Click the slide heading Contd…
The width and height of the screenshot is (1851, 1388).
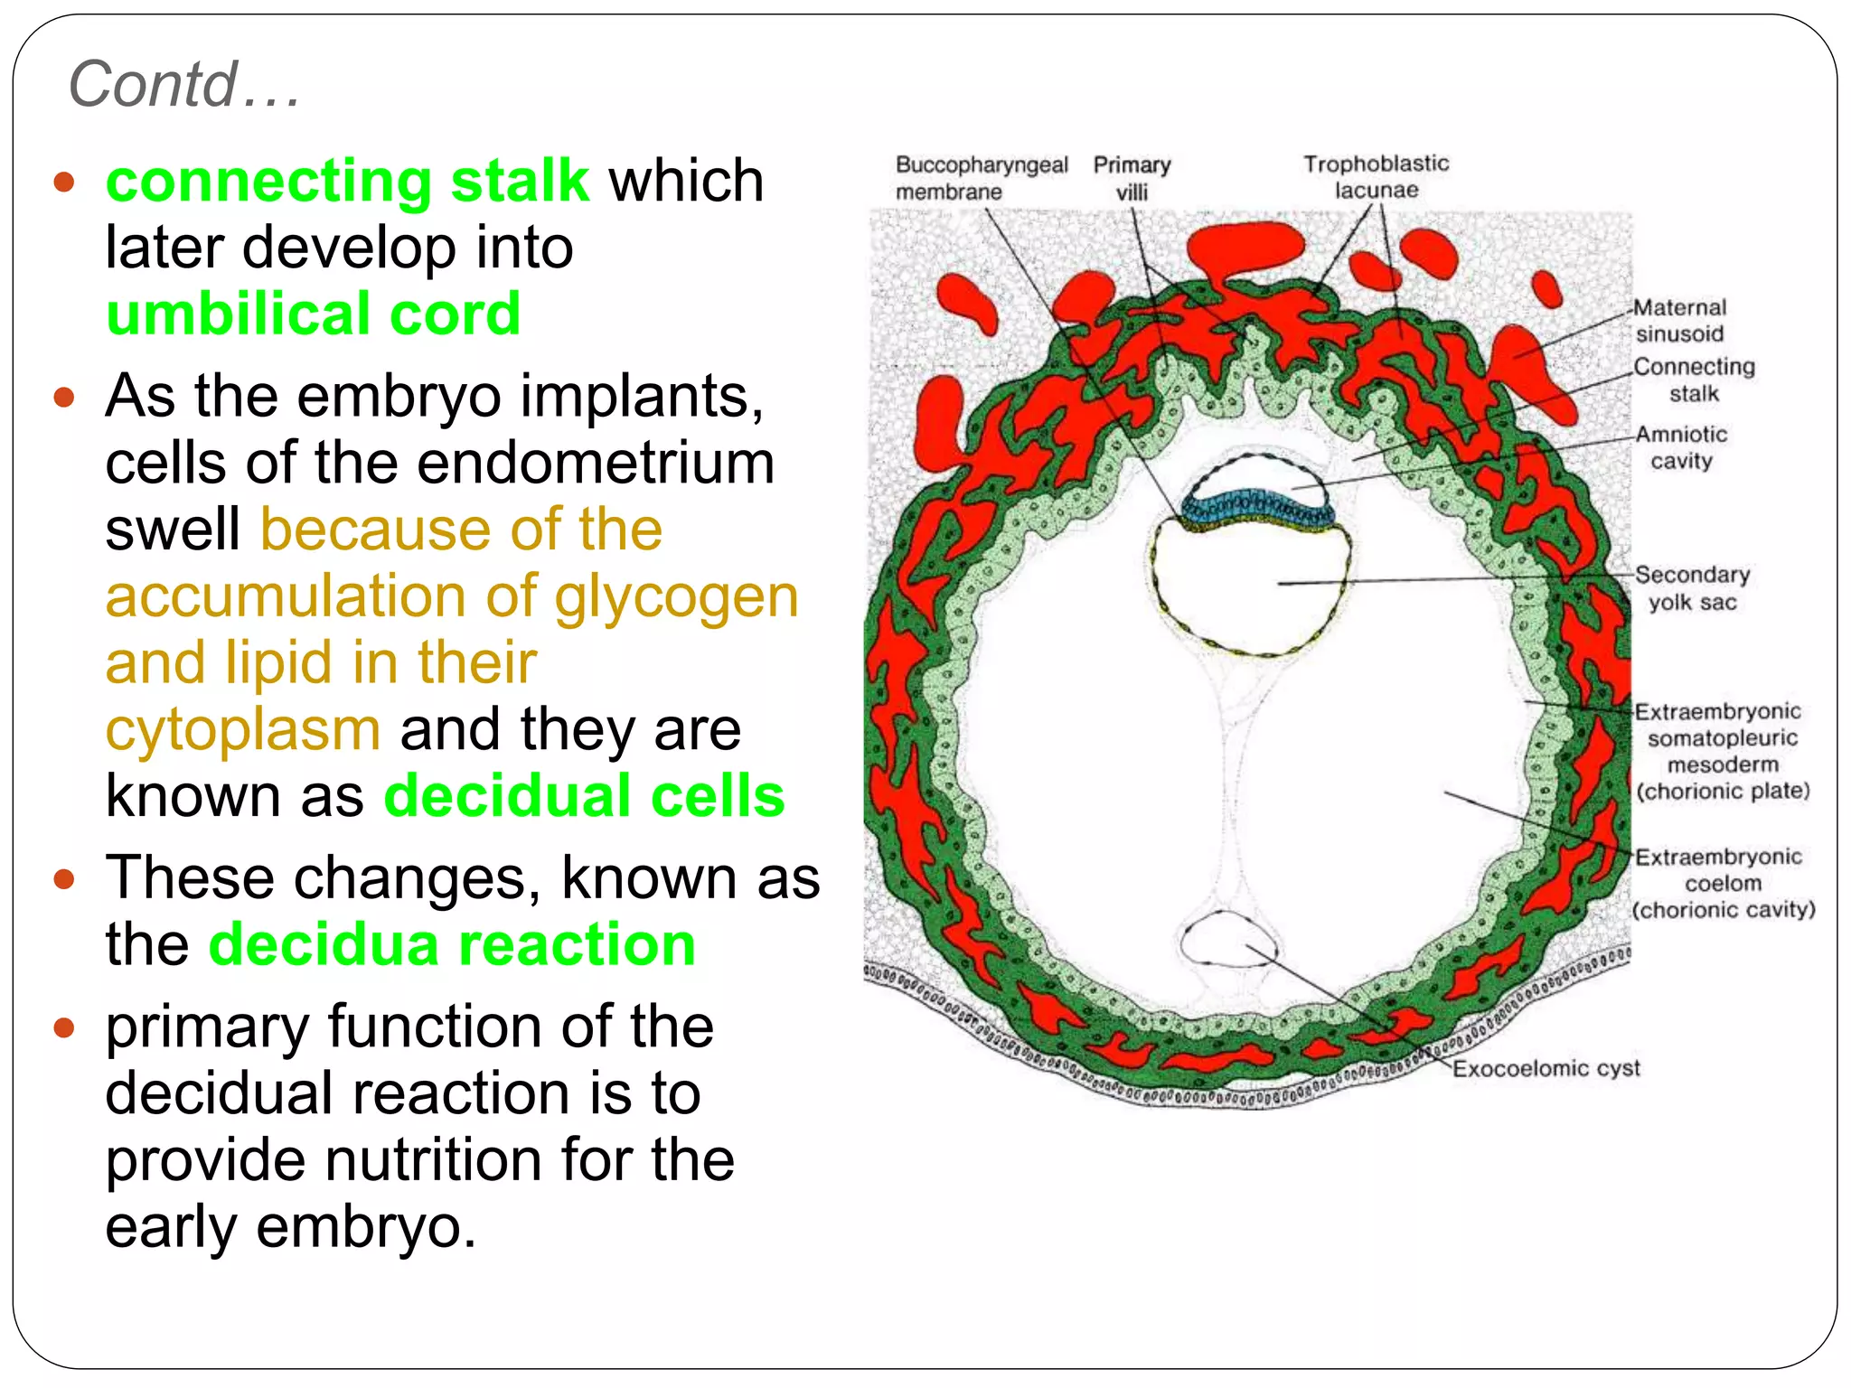pos(184,84)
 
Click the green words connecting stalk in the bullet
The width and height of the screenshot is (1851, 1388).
pos(347,180)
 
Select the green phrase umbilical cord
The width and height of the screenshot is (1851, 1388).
pos(313,314)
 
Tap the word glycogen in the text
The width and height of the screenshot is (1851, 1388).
pos(676,596)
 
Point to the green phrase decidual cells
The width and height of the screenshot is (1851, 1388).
pos(584,796)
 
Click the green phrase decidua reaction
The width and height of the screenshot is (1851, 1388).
pos(452,944)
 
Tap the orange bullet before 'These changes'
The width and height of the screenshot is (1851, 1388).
pos(63,878)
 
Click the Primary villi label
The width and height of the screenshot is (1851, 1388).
pos(1132,178)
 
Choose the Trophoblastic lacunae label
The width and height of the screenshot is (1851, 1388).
pos(1376,177)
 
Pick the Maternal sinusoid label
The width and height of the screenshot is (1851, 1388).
pos(1680,321)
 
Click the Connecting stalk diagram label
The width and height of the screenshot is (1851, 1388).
pos(1694,380)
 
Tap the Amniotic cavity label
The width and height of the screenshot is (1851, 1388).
pos(1681,447)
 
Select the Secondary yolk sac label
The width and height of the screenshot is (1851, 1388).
pos(1692,588)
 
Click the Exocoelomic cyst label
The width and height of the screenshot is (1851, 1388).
pos(1546,1069)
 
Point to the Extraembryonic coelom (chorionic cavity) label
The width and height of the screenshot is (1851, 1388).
pos(1722,883)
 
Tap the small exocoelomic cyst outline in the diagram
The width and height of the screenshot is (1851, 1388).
pos(1228,941)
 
